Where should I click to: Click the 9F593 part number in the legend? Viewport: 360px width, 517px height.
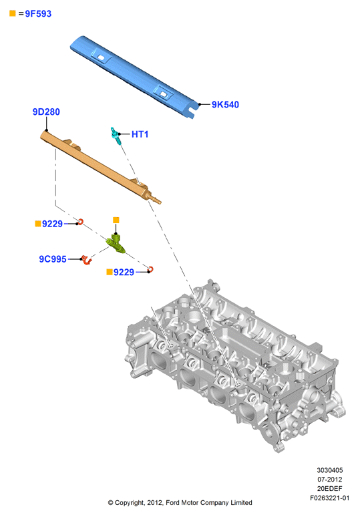point(38,13)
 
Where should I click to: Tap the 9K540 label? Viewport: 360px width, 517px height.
point(225,104)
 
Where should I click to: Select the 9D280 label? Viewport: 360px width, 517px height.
point(46,112)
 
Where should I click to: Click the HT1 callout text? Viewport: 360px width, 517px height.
point(140,134)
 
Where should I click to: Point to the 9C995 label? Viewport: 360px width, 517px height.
point(53,259)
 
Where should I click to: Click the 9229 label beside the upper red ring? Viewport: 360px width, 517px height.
point(52,224)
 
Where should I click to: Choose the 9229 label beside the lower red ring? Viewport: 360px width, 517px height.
point(124,272)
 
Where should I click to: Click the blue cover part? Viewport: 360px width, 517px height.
point(134,77)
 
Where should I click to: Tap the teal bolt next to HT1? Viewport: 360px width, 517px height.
point(116,135)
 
